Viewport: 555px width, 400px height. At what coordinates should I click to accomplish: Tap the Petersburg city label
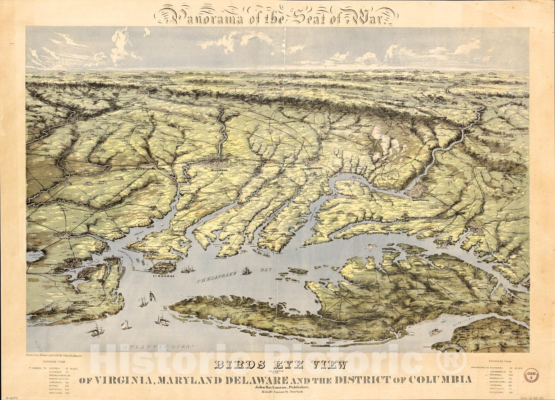145,167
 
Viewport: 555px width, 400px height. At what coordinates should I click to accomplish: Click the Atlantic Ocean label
160,347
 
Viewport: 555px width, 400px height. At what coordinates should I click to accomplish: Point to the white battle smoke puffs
388,145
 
